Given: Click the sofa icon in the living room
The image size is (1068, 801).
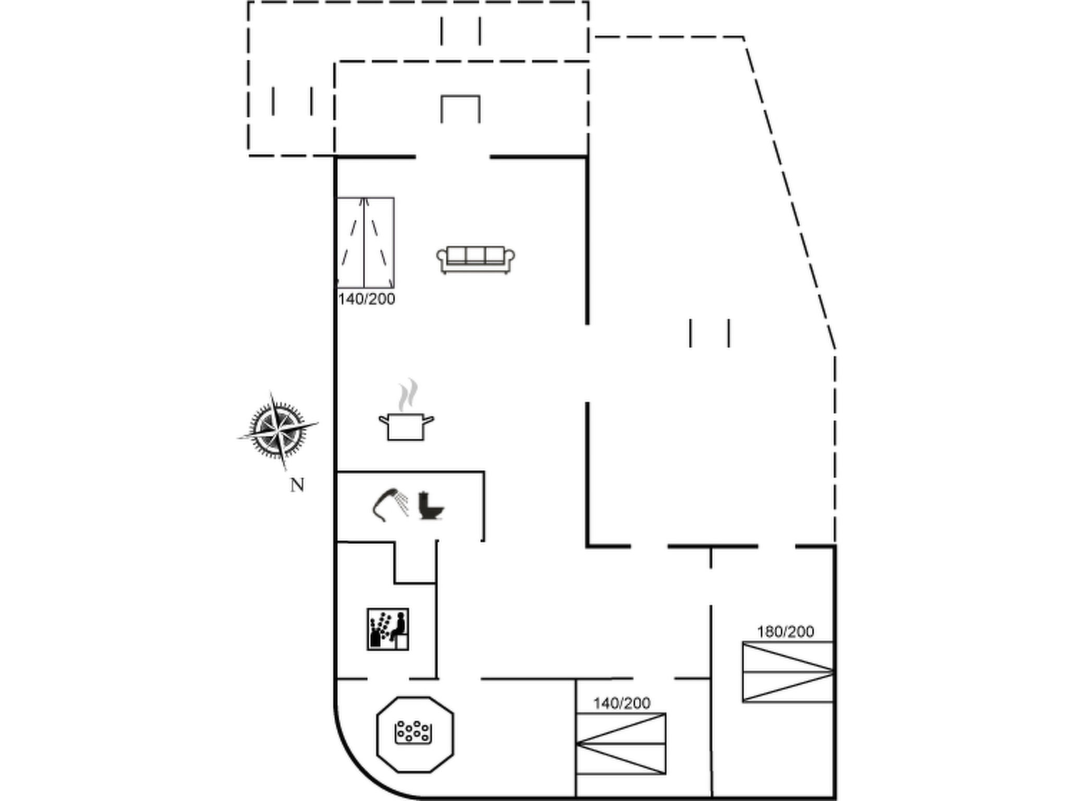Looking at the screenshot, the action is coord(476,260).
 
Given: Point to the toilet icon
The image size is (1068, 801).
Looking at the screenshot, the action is coord(431,505).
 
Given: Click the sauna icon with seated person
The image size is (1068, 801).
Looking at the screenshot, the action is coord(387,629).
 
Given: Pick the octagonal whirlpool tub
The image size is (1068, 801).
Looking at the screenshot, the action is coord(415,734).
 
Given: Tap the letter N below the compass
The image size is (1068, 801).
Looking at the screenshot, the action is coord(297,485).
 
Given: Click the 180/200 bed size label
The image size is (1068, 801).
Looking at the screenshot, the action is coord(785,632).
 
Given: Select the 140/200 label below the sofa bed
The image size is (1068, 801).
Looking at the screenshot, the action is coord(367,299).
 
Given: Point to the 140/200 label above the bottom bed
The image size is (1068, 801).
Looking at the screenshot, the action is coord(622,703).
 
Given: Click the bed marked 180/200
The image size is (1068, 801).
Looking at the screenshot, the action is coord(788,672).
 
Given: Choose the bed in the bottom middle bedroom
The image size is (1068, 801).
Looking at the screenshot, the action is coord(621,744).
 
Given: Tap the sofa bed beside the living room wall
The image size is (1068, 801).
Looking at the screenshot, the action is coord(365,242).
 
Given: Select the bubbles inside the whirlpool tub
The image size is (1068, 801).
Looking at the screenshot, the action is coord(414,732).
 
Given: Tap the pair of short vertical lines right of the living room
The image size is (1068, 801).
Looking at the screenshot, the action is coord(710,333).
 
